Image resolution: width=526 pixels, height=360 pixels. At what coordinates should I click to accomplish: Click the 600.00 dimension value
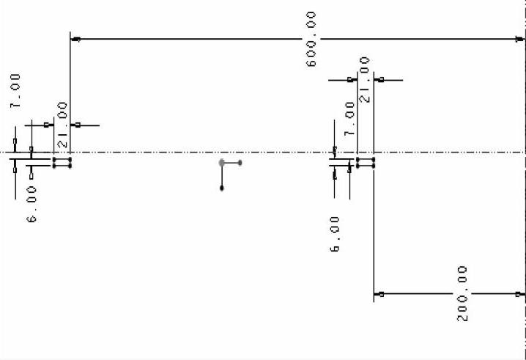pyautogui.click(x=311, y=39)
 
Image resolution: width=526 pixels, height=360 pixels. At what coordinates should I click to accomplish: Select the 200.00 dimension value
pyautogui.click(x=462, y=293)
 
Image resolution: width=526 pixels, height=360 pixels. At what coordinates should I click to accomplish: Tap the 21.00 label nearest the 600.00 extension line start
pyautogui.click(x=62, y=125)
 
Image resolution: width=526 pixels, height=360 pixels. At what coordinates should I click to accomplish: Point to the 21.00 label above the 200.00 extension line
pyautogui.click(x=364, y=80)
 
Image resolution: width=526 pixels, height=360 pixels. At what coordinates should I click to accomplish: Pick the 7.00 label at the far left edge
pyautogui.click(x=15, y=91)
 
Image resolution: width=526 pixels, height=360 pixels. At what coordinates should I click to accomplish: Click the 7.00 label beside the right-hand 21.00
pyautogui.click(x=349, y=119)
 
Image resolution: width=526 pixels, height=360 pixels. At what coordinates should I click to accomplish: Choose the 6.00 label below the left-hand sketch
pyautogui.click(x=32, y=204)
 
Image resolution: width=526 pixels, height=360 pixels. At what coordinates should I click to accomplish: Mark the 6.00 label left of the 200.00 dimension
pyautogui.click(x=335, y=234)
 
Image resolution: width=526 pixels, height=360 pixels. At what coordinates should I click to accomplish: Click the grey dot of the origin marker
pyautogui.click(x=221, y=163)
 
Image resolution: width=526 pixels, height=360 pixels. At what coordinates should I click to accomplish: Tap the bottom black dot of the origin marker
pyautogui.click(x=222, y=188)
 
